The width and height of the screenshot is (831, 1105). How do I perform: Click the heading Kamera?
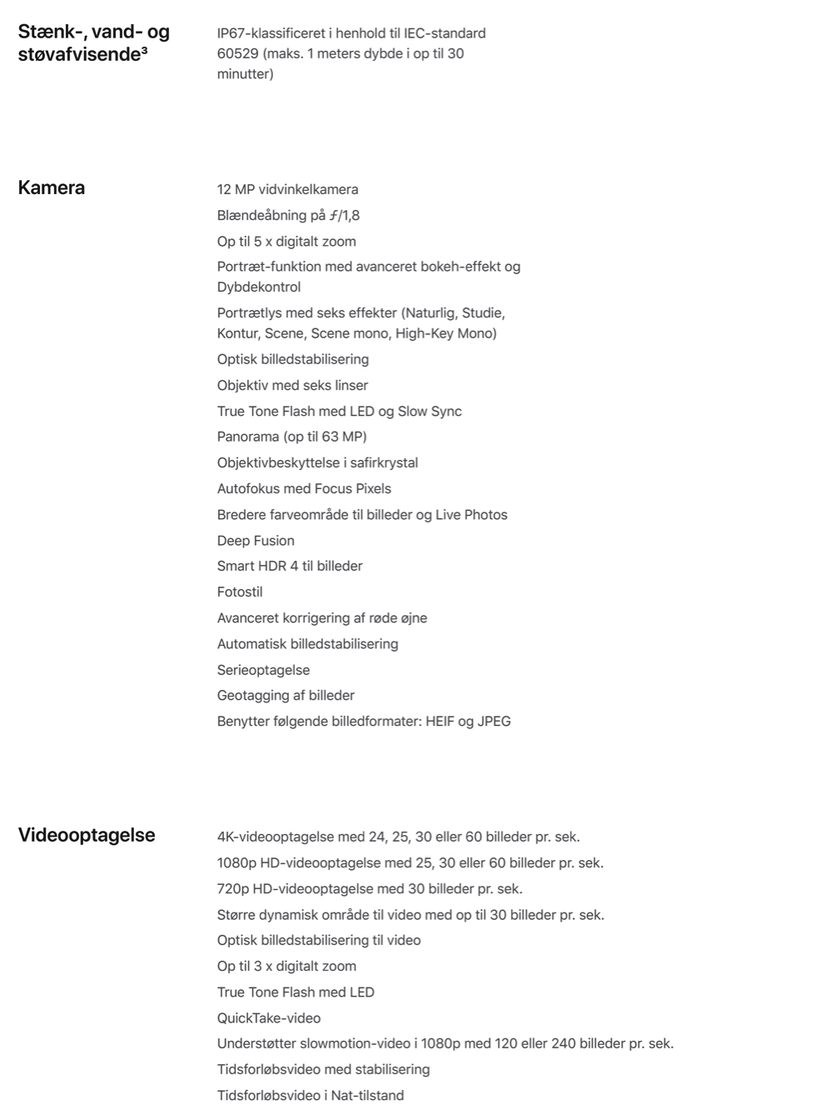click(x=52, y=187)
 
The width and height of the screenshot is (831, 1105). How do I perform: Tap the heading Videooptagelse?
click(x=87, y=835)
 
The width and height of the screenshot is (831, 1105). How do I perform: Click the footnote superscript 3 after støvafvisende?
click(x=144, y=52)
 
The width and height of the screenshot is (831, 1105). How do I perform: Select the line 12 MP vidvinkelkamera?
click(x=287, y=189)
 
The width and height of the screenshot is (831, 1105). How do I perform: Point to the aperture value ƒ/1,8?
click(x=345, y=215)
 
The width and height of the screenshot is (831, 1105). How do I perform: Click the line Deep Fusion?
click(x=256, y=540)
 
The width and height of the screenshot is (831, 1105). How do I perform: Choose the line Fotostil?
click(x=240, y=592)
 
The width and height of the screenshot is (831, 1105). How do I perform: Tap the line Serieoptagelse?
click(x=263, y=670)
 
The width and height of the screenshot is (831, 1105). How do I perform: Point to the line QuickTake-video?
click(x=269, y=1017)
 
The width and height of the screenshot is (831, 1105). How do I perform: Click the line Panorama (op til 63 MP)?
click(x=291, y=437)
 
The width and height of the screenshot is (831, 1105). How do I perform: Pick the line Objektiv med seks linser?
click(x=292, y=385)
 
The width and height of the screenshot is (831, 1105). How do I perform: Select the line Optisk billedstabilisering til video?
click(x=319, y=940)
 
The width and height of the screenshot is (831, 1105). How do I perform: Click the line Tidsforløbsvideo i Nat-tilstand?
click(x=311, y=1095)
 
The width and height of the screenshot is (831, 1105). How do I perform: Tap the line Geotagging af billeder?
click(x=286, y=695)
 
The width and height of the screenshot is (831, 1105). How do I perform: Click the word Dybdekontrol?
click(x=259, y=287)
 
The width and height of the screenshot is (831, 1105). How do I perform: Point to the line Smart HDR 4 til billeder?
click(x=290, y=566)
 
